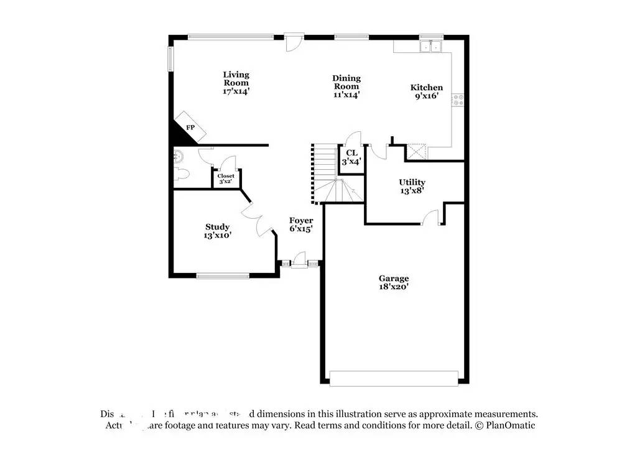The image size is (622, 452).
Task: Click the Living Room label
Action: tap(236, 79)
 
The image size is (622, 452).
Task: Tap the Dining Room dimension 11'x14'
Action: tap(346, 95)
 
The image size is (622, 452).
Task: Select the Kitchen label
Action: tap(427, 88)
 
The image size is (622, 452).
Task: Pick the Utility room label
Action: tap(412, 182)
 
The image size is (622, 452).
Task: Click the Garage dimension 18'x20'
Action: tap(394, 287)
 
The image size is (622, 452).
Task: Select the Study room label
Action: tap(218, 227)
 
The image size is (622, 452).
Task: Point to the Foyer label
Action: tap(301, 221)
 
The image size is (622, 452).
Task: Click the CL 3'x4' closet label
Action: tap(351, 153)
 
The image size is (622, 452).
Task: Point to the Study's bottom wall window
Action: tap(223, 275)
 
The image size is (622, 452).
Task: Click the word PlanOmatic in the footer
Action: tap(510, 426)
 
